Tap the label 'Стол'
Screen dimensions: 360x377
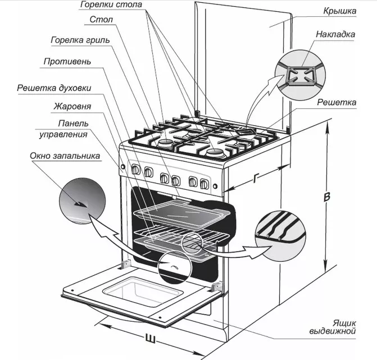tap(102, 20)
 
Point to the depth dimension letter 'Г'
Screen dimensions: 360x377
tap(257, 179)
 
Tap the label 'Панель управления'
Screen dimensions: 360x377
tap(71, 129)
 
